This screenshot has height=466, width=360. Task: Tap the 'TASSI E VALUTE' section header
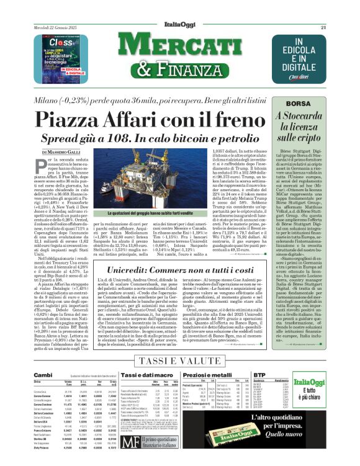[x=180, y=361]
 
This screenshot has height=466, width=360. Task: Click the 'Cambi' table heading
[x=43, y=375]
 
